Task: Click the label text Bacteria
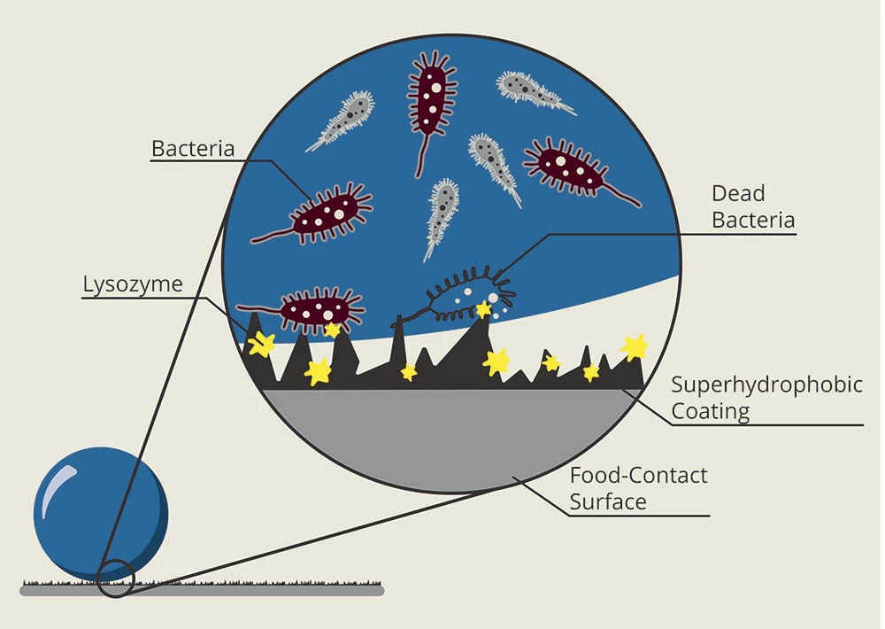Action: [193, 148]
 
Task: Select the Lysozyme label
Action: [133, 284]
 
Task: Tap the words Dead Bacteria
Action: [753, 206]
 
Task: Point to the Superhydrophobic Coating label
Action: [766, 398]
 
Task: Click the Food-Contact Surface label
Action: [638, 488]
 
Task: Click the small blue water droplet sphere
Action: [100, 514]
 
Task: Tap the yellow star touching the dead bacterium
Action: [484, 309]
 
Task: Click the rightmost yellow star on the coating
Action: [635, 346]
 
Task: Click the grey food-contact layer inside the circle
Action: [442, 434]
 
